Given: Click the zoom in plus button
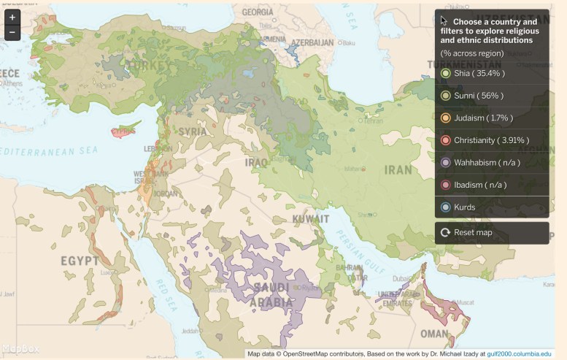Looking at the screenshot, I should [x=12, y=18].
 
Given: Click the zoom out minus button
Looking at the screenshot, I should [x=12, y=32].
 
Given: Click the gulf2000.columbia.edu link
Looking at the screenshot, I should [x=519, y=354].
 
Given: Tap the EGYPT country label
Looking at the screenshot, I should [x=79, y=261].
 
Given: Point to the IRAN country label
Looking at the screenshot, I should [x=399, y=169].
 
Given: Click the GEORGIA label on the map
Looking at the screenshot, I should [x=258, y=12].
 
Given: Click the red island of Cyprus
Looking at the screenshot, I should [x=123, y=133].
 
